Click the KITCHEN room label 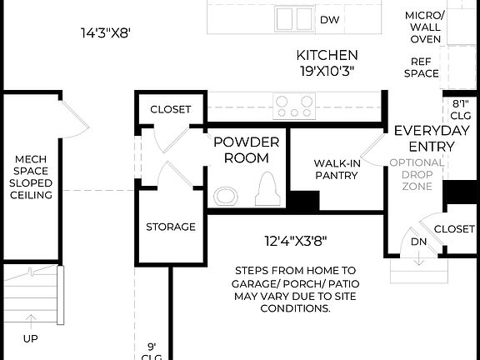pos(327,55)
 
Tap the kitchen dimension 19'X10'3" pos(327,71)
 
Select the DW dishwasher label pos(330,18)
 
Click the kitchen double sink pos(293,17)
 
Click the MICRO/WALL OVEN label pos(423,27)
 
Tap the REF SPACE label pos(422,67)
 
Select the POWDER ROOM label pos(246,149)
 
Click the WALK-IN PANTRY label pos(336,169)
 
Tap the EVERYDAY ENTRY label pos(424,138)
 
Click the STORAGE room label pos(171,227)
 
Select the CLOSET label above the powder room pos(170,109)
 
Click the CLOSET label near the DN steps pos(454,227)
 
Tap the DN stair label pos(419,242)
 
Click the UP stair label pos(31,340)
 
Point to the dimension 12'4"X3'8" pos(295,242)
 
